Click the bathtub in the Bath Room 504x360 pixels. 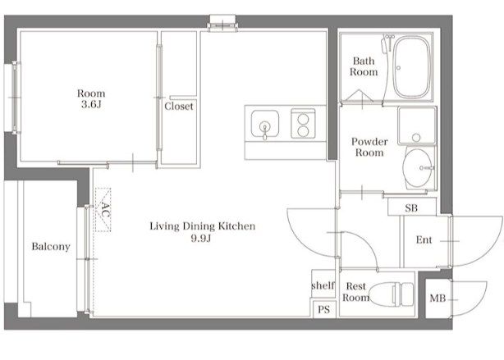click(x=412, y=67)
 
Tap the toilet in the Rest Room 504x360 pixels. click(x=392, y=294)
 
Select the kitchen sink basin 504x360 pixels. click(x=265, y=123)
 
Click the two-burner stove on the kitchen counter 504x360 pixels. click(x=303, y=124)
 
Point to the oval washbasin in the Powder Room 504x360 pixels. click(x=418, y=167)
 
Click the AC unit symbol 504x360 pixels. click(x=103, y=210)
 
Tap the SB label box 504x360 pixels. click(x=412, y=207)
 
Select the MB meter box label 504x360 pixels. click(x=438, y=298)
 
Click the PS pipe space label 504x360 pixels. click(x=323, y=309)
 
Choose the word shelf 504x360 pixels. click(x=323, y=285)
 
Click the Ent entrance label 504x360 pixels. click(x=424, y=240)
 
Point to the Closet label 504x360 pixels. click(x=179, y=106)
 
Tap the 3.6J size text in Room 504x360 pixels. click(x=91, y=104)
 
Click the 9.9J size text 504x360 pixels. click(x=201, y=239)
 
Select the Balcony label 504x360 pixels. click(x=51, y=247)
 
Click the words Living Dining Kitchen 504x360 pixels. click(x=203, y=226)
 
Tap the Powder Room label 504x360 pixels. click(x=369, y=147)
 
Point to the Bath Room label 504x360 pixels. click(x=364, y=66)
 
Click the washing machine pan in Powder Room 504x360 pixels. click(x=417, y=126)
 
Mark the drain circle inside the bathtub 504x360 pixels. click(x=399, y=68)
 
